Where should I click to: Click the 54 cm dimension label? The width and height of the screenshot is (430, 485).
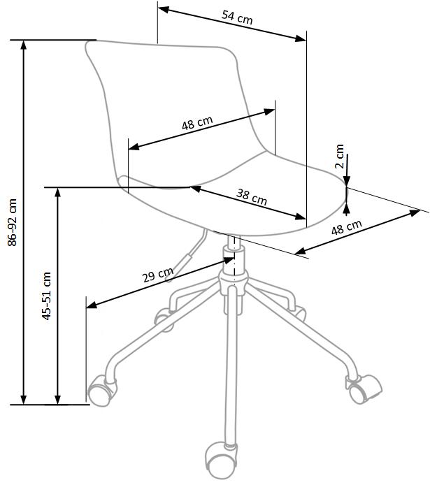point(237,17)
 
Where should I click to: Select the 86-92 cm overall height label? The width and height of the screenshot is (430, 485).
point(12,222)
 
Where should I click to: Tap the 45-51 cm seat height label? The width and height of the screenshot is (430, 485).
point(46,296)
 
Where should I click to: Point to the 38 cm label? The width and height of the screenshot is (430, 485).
point(252,197)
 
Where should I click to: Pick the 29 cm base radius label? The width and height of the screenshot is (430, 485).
point(158,275)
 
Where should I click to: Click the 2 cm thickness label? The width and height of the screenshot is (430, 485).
point(340,156)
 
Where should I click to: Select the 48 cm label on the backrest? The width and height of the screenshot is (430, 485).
point(197,123)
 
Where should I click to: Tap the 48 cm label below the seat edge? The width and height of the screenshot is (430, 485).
point(347,227)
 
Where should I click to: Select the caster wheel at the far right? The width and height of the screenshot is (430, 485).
point(364,389)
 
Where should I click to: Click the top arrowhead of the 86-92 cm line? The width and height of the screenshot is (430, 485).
point(23,45)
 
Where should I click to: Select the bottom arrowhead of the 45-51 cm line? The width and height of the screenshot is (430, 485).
point(57,400)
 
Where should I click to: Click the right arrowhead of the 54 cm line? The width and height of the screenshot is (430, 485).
point(301,38)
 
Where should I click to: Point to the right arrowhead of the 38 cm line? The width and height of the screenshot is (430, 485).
point(301,217)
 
